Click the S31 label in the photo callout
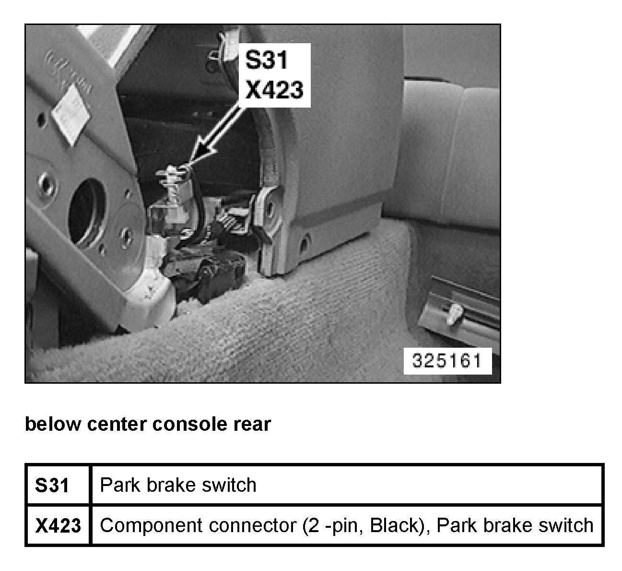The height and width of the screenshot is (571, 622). (267, 61)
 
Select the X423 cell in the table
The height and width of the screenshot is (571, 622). (58, 526)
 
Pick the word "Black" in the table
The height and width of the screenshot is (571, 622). (395, 525)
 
